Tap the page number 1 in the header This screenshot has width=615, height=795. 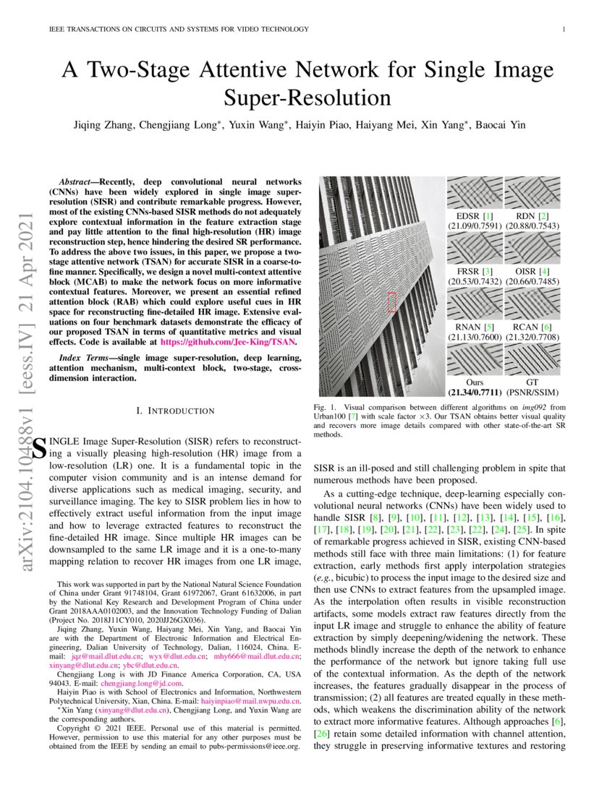tap(563, 29)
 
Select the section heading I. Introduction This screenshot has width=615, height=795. tap(177, 411)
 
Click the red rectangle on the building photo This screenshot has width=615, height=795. tap(392, 301)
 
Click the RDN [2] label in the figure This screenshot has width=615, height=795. tap(532, 216)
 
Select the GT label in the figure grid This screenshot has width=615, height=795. tap(532, 382)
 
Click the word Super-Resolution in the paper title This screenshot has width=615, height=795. tap(307, 98)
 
